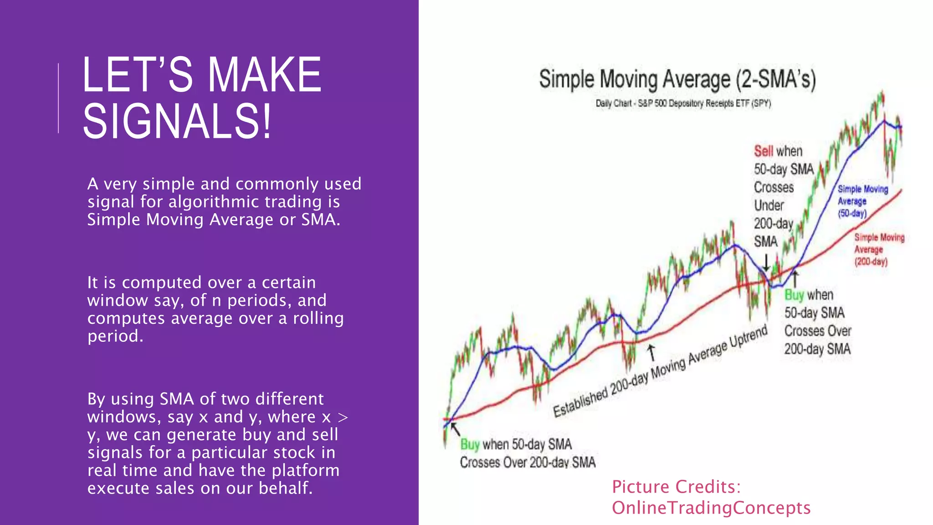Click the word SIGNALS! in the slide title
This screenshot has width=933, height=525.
[177, 121]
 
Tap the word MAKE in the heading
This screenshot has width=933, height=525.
[264, 75]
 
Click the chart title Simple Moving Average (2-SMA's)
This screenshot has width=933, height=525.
[677, 79]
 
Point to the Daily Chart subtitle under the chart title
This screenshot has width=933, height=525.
[683, 103]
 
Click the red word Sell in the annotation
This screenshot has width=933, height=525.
[764, 151]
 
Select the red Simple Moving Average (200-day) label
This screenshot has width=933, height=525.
[878, 249]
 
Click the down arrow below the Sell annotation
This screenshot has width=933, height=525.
[766, 262]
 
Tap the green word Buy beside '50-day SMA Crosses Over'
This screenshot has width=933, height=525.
[794, 295]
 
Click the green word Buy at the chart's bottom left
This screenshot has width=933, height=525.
[470, 444]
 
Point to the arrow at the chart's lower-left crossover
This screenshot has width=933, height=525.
[455, 428]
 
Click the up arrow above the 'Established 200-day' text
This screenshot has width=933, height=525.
[651, 352]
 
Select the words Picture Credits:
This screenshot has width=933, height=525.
[676, 487]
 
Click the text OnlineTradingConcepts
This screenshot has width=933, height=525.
[711, 508]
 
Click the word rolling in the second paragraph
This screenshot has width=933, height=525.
[318, 318]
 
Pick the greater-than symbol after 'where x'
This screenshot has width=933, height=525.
[343, 417]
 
